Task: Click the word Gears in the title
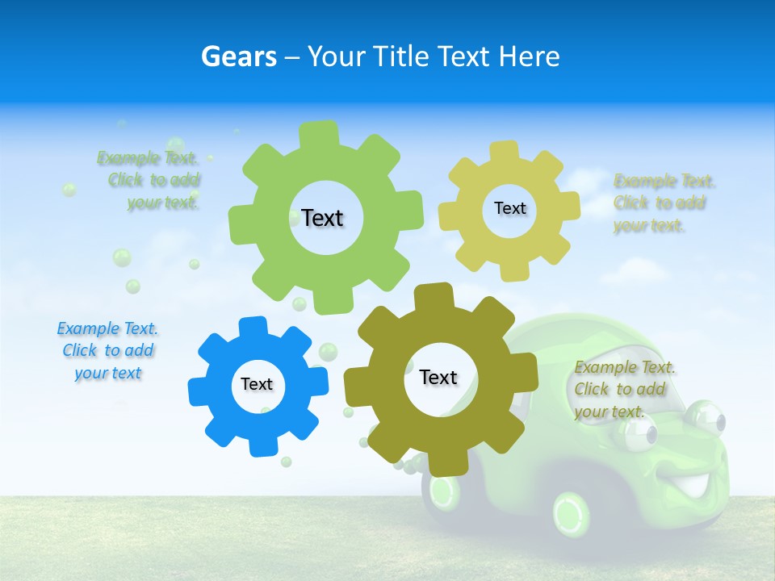tap(239, 56)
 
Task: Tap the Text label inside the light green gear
tap(322, 218)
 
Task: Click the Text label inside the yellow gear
tap(509, 208)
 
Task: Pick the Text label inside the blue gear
tap(257, 384)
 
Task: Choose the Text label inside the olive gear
tap(438, 377)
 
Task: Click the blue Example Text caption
tap(108, 351)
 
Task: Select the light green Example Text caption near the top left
tap(149, 180)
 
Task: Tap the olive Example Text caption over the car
tap(625, 389)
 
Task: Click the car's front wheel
tap(571, 512)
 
